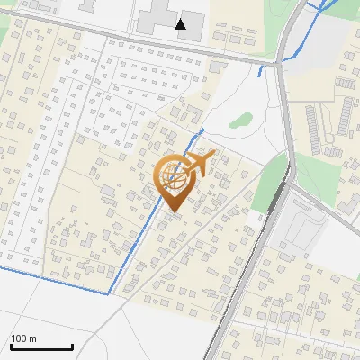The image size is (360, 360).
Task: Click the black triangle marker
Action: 181,24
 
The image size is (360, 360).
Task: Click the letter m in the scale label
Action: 33,338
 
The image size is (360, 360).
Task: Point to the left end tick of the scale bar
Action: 11,346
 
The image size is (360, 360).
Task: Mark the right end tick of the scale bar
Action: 72,346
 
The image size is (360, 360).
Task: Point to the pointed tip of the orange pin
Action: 171,212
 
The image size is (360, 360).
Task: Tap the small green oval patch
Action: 239,119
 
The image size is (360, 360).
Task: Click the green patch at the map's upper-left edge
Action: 4,34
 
